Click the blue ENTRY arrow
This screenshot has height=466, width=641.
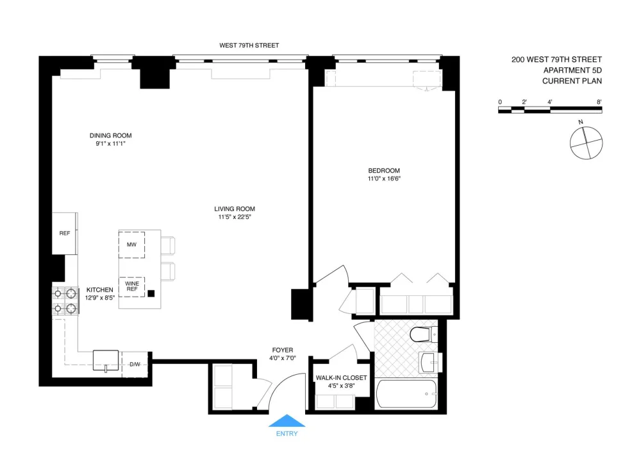coord(287,420)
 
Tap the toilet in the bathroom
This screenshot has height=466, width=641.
coord(424,334)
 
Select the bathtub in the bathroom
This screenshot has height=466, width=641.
coord(406,394)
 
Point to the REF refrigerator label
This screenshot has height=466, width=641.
coord(65,233)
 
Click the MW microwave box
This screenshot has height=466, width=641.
coord(131,245)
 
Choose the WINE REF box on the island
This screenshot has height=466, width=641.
coord(131,287)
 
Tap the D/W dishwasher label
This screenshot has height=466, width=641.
coord(135,364)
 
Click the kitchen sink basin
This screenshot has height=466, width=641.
coord(106,360)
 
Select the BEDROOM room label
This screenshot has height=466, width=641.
coord(384,171)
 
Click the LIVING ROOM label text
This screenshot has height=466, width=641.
coord(235,209)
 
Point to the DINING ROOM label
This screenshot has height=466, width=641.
coord(111,135)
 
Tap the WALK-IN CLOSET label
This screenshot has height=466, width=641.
coord(342,377)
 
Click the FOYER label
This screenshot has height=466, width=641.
coord(283,350)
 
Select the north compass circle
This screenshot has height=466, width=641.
coord(587,143)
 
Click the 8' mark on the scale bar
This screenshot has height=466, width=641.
coord(599,102)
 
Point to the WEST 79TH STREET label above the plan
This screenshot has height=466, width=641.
coord(249,46)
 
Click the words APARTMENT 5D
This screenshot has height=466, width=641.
coord(572,71)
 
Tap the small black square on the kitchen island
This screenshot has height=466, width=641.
coord(151,293)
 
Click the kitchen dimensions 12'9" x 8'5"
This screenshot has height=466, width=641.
coord(100,298)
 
